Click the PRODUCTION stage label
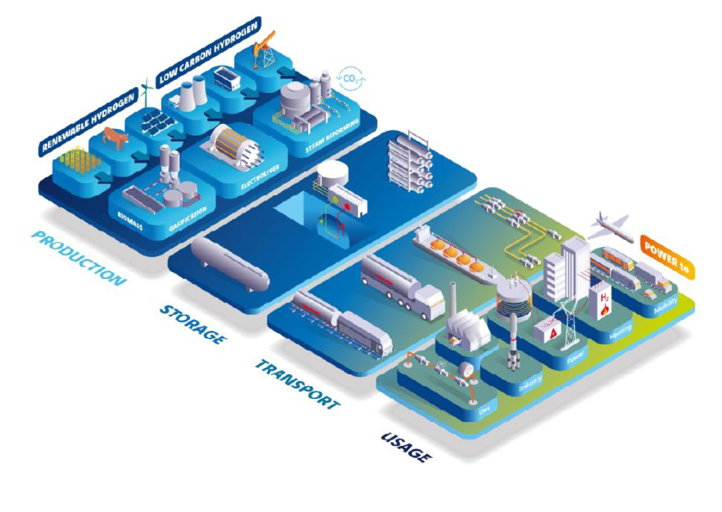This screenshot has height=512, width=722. pyautogui.click(x=79, y=257)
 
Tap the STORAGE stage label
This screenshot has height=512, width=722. pyautogui.click(x=192, y=324)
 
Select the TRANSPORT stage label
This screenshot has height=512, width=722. pyautogui.click(x=297, y=384)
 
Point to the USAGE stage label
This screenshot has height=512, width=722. pyautogui.click(x=406, y=446)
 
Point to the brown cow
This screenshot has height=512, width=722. pyautogui.click(x=115, y=139)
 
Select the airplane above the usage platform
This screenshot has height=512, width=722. pyautogui.click(x=609, y=225)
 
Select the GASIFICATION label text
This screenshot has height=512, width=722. pyautogui.click(x=188, y=216)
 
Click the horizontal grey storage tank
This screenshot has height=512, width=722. pyautogui.click(x=230, y=263)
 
